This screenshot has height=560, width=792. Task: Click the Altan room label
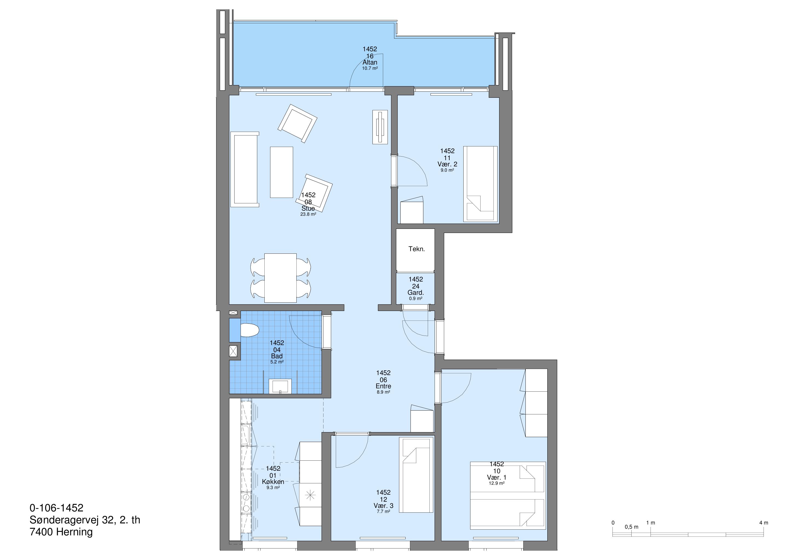click(x=370, y=62)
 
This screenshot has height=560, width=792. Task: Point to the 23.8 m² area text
click(x=308, y=214)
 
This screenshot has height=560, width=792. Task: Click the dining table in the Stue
click(x=281, y=278)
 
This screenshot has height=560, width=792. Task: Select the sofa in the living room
click(x=245, y=169)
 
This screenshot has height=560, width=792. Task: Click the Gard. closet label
click(x=416, y=293)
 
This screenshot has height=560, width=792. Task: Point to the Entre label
click(x=383, y=386)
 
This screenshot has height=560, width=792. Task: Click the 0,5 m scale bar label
click(x=632, y=527)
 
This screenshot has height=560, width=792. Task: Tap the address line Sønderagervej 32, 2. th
click(x=85, y=520)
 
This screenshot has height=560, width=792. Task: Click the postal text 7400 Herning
click(x=61, y=532)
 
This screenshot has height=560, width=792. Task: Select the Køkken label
click(x=273, y=482)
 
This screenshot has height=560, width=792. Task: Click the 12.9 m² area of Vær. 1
click(x=496, y=483)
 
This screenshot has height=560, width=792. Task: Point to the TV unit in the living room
click(x=380, y=127)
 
